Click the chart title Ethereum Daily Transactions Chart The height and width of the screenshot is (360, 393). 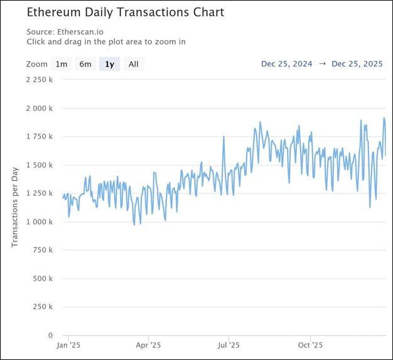(x=125, y=13)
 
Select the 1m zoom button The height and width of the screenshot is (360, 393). (x=61, y=64)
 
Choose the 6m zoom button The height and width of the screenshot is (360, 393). (x=85, y=64)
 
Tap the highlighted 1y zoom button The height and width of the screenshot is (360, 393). (x=110, y=64)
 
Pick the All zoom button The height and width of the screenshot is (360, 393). (x=134, y=64)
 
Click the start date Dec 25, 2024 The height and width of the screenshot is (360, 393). (x=286, y=64)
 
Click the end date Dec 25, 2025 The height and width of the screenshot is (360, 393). (x=357, y=64)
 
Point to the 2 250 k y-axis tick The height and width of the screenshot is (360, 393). (x=39, y=80)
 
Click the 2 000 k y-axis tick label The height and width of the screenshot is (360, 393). (x=39, y=108)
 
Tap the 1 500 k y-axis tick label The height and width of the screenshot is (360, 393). (x=39, y=165)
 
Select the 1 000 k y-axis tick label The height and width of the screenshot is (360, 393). (x=39, y=221)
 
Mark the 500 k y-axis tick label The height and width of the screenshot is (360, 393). (x=42, y=278)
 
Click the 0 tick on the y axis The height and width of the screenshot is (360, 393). (x=50, y=335)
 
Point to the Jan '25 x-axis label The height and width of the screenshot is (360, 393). (x=67, y=345)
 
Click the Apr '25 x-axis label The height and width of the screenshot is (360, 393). (x=148, y=345)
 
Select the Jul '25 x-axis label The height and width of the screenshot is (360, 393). (x=229, y=345)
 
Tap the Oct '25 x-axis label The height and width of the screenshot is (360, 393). (x=310, y=345)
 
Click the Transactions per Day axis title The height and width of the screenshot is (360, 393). (x=15, y=207)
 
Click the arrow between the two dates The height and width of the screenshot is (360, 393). (x=321, y=64)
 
